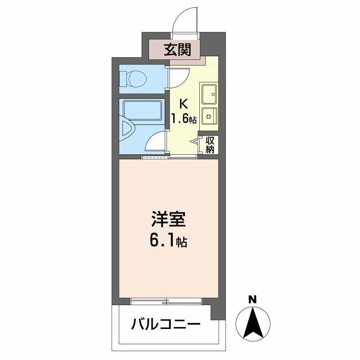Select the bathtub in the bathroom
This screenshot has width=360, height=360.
[142, 110]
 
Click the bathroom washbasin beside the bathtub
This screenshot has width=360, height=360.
[127, 130]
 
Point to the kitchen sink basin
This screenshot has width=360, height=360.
[209, 94]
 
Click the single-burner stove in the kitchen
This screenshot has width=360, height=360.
[209, 117]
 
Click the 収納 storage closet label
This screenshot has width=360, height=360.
[210, 144]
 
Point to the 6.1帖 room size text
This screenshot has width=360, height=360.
[168, 243]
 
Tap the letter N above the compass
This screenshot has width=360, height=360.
[253, 299]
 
